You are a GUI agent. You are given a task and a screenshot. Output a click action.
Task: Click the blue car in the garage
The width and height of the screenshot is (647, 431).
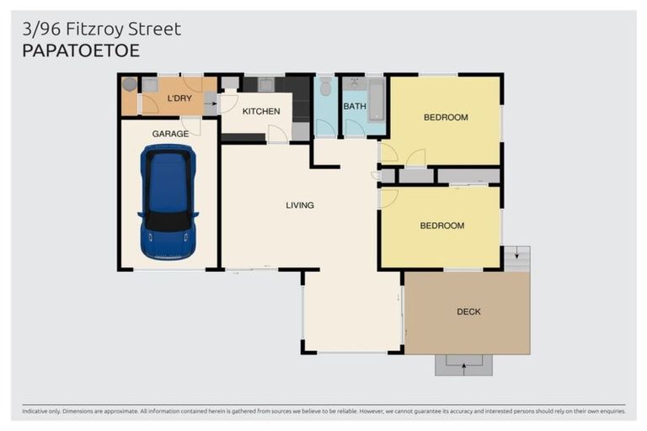tap(168, 201)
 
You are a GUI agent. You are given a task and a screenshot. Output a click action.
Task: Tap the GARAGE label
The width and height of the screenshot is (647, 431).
tap(170, 134)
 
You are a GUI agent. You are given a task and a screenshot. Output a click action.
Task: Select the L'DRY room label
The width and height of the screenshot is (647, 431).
tap(179, 98)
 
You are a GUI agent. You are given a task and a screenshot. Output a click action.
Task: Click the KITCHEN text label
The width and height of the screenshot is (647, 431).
tap(261, 111)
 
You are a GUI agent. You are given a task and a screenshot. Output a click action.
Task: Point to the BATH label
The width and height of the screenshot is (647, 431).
tap(354, 106)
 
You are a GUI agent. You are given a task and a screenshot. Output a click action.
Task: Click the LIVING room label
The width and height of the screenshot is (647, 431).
tap(300, 205)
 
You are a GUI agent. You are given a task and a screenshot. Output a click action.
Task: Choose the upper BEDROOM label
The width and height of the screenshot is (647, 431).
tap(445, 117)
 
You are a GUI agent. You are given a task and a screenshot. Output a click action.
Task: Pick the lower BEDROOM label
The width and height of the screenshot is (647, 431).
tap(442, 226)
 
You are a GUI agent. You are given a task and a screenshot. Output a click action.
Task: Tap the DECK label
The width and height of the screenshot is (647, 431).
tap(468, 311)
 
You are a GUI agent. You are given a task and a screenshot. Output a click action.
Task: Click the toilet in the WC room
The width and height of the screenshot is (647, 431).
tap(326, 88)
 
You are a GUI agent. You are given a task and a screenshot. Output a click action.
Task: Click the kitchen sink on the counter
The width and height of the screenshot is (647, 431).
tap(266, 84)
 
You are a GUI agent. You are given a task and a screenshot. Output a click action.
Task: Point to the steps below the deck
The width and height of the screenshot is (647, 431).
tap(463, 364)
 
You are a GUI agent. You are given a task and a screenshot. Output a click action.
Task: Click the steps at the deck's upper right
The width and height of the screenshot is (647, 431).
tap(516, 258)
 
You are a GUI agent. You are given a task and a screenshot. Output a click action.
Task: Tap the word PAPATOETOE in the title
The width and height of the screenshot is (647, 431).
tap(80, 51)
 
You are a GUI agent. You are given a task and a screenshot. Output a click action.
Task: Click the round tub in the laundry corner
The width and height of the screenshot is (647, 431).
tap(128, 84)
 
